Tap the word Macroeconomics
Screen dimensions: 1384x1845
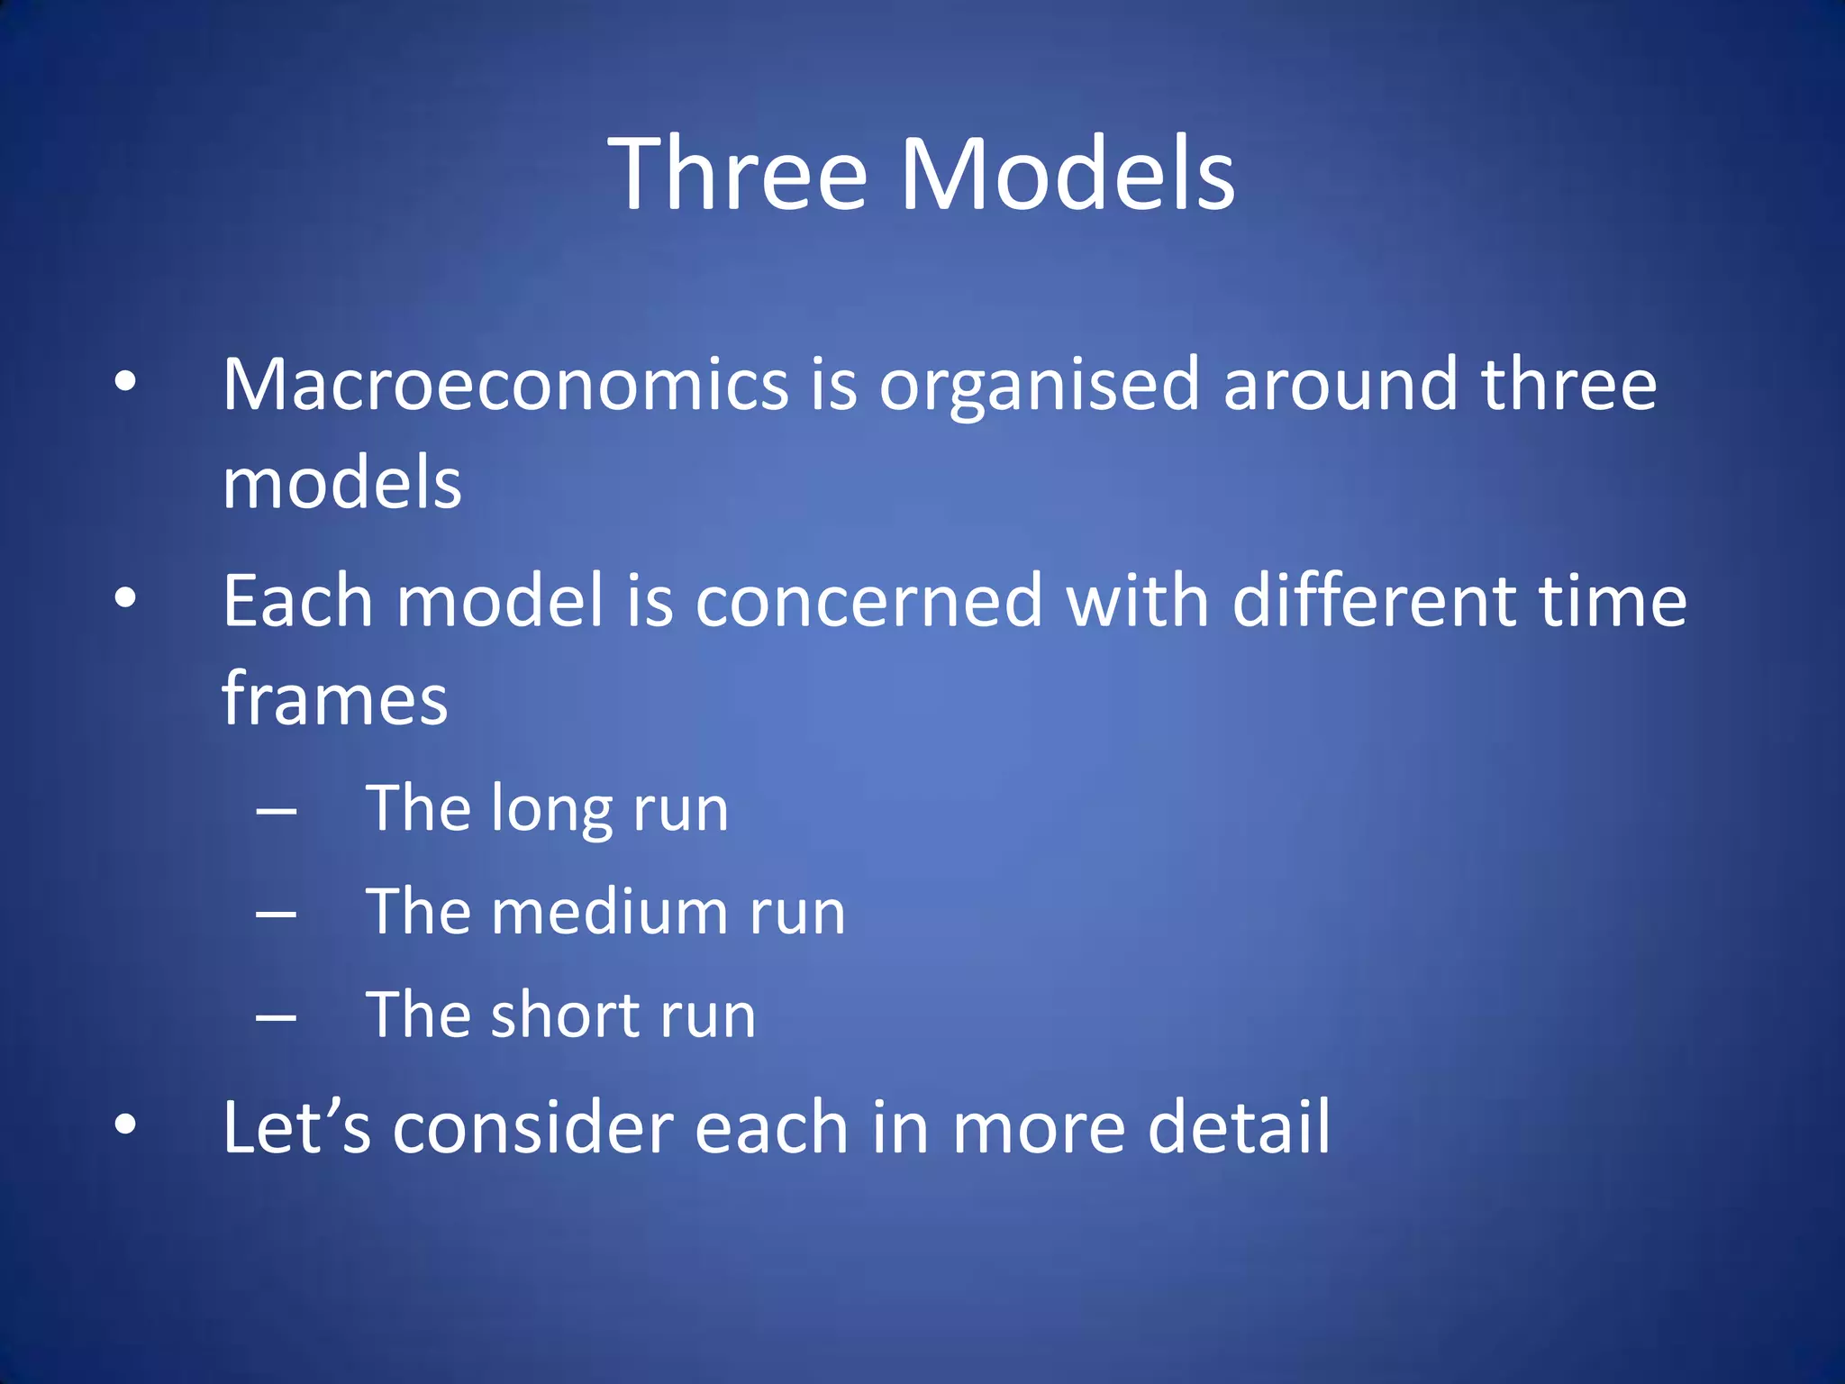(505, 386)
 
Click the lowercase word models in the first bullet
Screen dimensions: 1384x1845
(341, 483)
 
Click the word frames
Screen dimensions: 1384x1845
(334, 699)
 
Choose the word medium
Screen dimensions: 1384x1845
(622, 912)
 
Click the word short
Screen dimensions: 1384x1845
(564, 1015)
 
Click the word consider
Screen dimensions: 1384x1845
(532, 1128)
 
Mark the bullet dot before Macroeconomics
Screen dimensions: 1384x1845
(125, 381)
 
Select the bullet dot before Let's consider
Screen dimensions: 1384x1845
(125, 1124)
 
